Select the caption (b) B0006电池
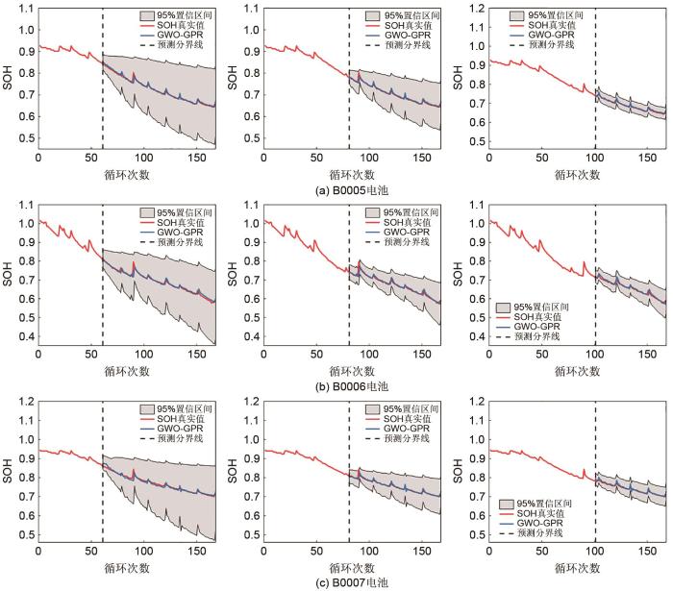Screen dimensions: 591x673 coord(336,382)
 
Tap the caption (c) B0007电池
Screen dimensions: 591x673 coord(336,582)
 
